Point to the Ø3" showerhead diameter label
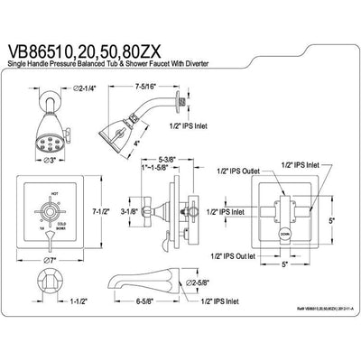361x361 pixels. coord(48,160)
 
